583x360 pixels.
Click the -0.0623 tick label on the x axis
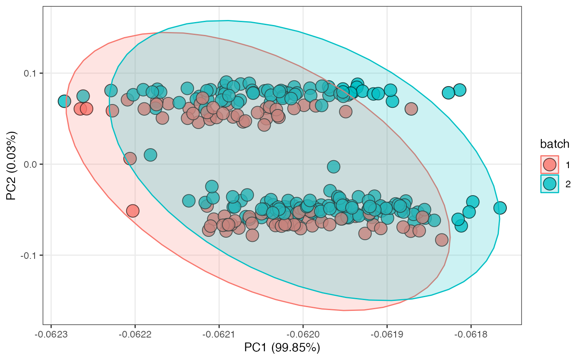coord(51,335)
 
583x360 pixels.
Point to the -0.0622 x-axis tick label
coord(135,335)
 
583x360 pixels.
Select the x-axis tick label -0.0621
coord(219,335)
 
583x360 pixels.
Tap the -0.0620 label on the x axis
coord(303,335)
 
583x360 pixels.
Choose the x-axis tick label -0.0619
coord(387,335)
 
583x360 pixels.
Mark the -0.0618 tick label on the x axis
coord(471,335)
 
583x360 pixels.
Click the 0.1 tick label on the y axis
coord(30,73)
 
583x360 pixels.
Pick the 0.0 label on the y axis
coord(30,164)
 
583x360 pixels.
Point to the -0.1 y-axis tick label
coord(28,256)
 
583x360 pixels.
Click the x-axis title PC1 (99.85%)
coord(282,348)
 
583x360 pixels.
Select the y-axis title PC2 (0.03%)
coord(12,166)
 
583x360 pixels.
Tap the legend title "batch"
coord(555,144)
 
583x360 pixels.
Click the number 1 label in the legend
coord(568,165)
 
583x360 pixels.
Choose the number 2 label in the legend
coord(568,184)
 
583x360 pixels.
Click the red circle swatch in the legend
coord(549,165)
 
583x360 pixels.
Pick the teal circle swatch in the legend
coord(549,184)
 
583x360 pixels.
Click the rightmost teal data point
coord(500,208)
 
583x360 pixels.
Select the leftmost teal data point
coord(64,101)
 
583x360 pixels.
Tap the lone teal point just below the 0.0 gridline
coord(334,166)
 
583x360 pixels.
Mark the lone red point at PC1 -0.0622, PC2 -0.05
coord(132,211)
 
